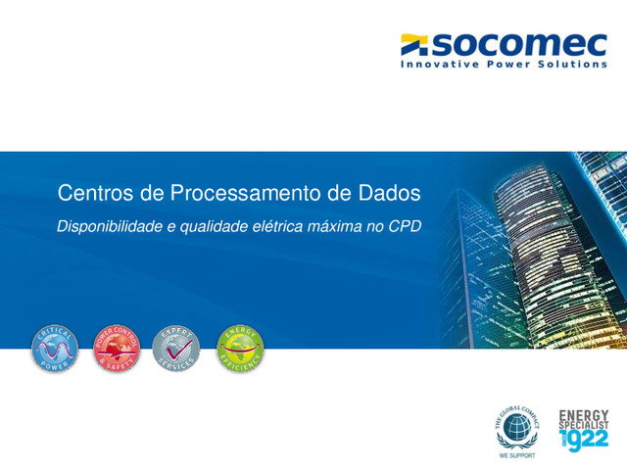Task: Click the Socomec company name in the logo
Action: tap(519, 44)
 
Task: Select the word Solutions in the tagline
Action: tap(572, 65)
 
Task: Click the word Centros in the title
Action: tap(97, 193)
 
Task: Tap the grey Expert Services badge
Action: tap(176, 348)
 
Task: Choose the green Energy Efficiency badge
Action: tap(239, 348)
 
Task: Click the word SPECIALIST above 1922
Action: tap(583, 425)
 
